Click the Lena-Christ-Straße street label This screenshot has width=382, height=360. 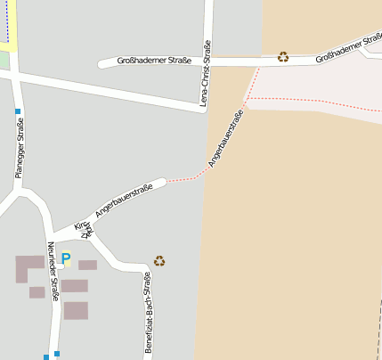pos(206,73)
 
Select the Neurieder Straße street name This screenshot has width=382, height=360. pos(53,270)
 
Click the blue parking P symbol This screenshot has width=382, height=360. pos(65,259)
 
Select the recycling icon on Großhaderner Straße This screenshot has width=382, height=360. pos(283,57)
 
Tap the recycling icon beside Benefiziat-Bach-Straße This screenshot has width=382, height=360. pos(159,260)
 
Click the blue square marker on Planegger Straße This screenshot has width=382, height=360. pos(18,111)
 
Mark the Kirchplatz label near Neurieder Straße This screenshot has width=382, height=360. pos(83,229)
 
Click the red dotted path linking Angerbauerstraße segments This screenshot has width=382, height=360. pos(185,179)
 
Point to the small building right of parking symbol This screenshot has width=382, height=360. pos(87,265)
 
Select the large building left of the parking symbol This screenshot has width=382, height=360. pos(28,266)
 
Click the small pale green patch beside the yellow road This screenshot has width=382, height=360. pos(4,59)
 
